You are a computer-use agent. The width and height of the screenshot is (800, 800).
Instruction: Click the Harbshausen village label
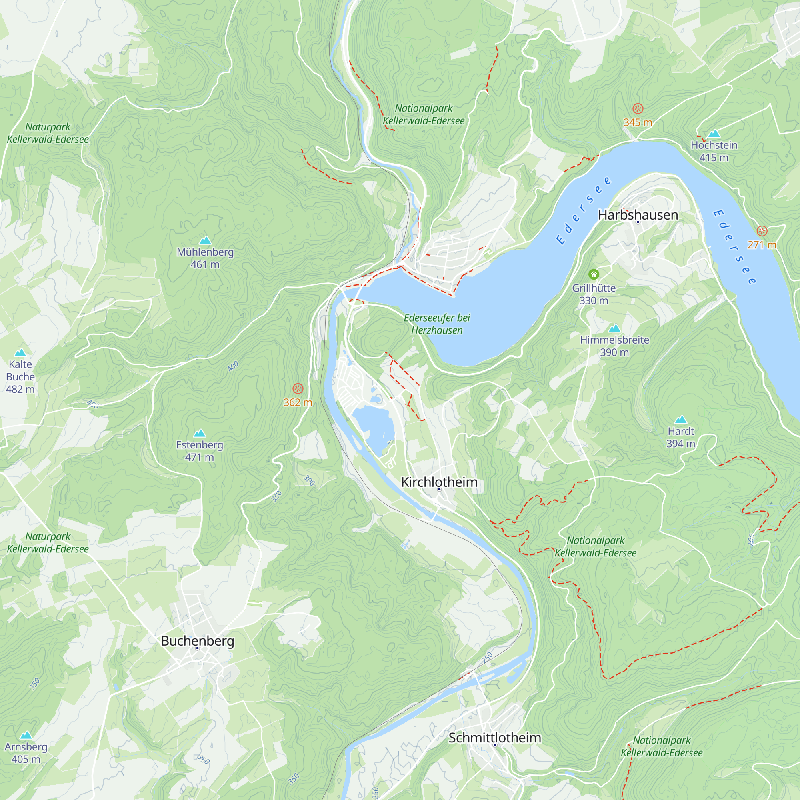pos(638,215)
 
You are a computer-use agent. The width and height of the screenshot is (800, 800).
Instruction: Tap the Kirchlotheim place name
pos(439,482)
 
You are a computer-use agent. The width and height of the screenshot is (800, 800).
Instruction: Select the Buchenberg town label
pos(198,640)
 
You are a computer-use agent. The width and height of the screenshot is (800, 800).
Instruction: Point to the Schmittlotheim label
pos(494,738)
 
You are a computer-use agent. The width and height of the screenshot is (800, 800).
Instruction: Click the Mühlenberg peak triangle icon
pos(205,240)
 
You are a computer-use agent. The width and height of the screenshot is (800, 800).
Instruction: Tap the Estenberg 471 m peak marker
pos(200,433)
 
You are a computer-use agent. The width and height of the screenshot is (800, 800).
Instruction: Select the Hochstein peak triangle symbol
pos(714,133)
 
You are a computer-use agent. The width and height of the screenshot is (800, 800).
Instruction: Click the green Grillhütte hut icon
pos(593,274)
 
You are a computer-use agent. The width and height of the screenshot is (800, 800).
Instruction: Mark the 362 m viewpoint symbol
pos(298,388)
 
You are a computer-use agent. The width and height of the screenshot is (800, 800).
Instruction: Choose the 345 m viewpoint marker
pos(638,108)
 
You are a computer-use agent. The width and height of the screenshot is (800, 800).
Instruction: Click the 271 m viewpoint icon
pos(762,231)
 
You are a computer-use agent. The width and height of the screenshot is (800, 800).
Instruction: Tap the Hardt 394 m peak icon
pos(681,420)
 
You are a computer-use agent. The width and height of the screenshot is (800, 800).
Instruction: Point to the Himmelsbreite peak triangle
pos(614,328)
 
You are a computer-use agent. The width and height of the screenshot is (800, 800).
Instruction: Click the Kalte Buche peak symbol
pos(20,353)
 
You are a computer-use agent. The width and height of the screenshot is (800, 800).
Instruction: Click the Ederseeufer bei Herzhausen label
pos(437,324)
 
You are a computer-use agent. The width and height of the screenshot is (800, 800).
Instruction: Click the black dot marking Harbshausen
pos(638,222)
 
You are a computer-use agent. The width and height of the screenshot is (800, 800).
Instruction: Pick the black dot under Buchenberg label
pos(198,648)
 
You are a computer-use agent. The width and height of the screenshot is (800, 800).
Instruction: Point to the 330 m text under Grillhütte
pos(593,301)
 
